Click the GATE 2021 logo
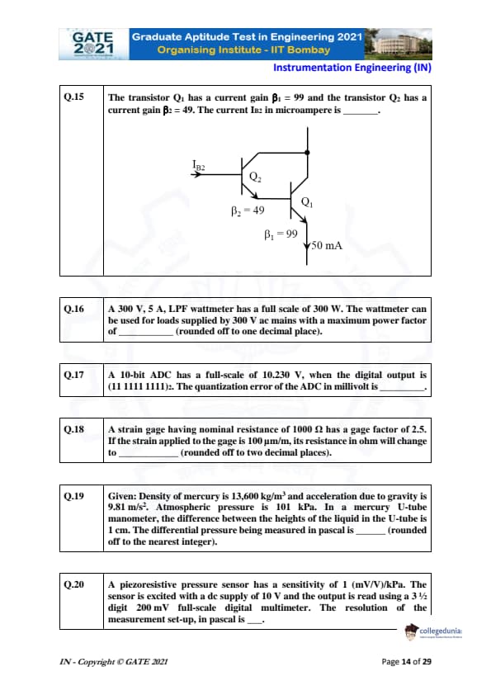click(x=93, y=44)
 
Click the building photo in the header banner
click(x=398, y=44)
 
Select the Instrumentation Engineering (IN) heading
click(x=352, y=68)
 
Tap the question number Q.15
click(x=74, y=97)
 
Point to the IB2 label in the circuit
click(x=199, y=165)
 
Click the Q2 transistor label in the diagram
click(x=255, y=177)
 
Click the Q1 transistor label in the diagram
click(x=307, y=202)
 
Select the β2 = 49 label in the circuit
click(x=248, y=210)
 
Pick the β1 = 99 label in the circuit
click(x=281, y=234)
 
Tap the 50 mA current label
click(x=327, y=245)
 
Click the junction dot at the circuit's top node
click(x=307, y=153)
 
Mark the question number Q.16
click(x=74, y=309)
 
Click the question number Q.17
click(x=74, y=375)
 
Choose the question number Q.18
click(x=74, y=429)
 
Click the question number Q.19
click(x=74, y=495)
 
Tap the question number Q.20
click(x=74, y=584)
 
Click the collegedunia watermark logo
click(x=433, y=631)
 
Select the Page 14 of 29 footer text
click(x=406, y=662)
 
